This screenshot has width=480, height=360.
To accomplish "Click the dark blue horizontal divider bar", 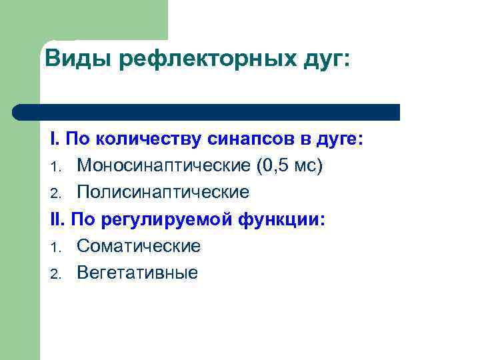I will coord(207,112).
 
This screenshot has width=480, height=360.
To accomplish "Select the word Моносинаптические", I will coord(164,165).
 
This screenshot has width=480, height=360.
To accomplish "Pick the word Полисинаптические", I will coord(163,193).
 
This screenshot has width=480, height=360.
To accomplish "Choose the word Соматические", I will coord(139,246).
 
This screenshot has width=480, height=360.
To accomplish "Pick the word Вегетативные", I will coord(137,273).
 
